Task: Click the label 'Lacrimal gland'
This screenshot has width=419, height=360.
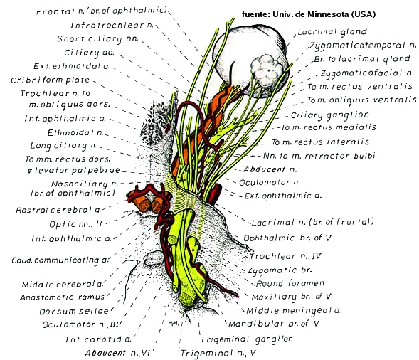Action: (x=332, y=32)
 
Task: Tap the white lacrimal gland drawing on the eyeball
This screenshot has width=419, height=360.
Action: (x=267, y=70)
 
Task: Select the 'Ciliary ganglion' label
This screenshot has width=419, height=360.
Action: (x=330, y=115)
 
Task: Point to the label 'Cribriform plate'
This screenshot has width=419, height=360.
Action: (x=51, y=80)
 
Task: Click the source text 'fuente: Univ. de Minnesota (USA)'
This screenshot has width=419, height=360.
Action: (x=309, y=14)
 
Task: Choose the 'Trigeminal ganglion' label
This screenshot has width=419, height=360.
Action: (x=247, y=339)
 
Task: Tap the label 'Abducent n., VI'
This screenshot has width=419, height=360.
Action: (x=117, y=353)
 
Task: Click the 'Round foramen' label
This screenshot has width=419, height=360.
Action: (x=290, y=283)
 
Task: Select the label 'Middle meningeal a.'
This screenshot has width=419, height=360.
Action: (x=294, y=311)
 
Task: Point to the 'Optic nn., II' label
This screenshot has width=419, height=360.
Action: (x=76, y=223)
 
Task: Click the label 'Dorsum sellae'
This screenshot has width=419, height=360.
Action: (x=74, y=312)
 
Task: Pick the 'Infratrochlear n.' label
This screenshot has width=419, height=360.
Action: (x=112, y=25)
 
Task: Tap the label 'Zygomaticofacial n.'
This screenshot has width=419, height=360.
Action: (x=367, y=73)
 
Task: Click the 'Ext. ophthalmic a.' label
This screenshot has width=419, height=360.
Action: (x=282, y=196)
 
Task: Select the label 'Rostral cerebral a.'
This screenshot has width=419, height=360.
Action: (x=58, y=210)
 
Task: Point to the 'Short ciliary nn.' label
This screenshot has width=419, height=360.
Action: (x=97, y=39)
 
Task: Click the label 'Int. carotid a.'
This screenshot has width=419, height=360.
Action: (x=98, y=339)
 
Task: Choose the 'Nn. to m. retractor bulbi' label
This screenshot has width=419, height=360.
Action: (x=319, y=156)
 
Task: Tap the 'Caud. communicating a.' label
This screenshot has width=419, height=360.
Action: (x=60, y=260)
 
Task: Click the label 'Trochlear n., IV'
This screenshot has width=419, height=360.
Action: (x=285, y=256)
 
